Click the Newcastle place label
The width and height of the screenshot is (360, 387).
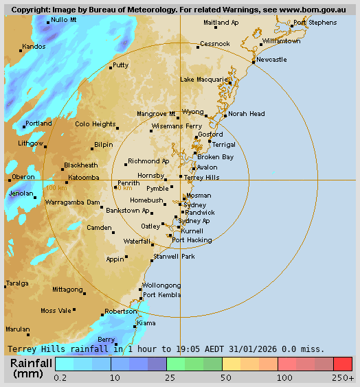tap(271, 60)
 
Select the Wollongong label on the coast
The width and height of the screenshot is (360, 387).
tap(161, 285)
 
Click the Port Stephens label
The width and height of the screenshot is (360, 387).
tap(315, 23)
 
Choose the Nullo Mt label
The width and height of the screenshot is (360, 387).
tap(64, 21)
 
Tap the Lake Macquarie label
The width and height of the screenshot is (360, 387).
tap(204, 80)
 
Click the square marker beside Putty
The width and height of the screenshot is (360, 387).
tap(111, 68)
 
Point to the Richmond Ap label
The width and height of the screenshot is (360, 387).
tap(148, 161)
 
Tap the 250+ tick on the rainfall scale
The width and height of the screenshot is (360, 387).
tap(343, 377)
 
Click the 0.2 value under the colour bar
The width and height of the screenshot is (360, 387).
tap(60, 377)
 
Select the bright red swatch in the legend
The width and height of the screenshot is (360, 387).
tap(343, 364)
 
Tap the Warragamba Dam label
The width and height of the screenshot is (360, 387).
tap(72, 202)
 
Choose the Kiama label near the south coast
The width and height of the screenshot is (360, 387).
tap(146, 322)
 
